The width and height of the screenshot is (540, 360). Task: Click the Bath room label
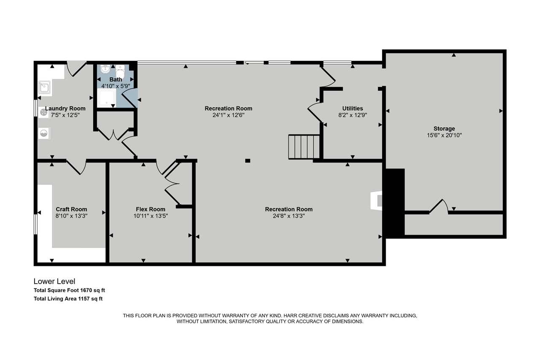116,79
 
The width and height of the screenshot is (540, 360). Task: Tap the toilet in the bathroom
120,73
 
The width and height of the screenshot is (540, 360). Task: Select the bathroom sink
105,69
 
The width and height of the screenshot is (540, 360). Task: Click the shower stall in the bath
106,97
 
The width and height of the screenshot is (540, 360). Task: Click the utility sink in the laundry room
44,88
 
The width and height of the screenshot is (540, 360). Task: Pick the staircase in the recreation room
304,147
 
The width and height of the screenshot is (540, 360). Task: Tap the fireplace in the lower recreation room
375,200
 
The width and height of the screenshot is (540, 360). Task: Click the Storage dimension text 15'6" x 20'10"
444,135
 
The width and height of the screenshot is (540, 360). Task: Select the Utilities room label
352,108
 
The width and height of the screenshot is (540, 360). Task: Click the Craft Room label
71,209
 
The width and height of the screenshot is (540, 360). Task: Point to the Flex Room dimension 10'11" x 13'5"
151,216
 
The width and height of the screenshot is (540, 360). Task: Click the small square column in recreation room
248,160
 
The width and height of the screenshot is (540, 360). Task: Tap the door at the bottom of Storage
439,207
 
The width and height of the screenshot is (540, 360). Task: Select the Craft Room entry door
76,167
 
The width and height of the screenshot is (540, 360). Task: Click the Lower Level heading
54,281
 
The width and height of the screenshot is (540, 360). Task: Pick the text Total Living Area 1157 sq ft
68,299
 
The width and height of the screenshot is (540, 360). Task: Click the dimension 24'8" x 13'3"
289,216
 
